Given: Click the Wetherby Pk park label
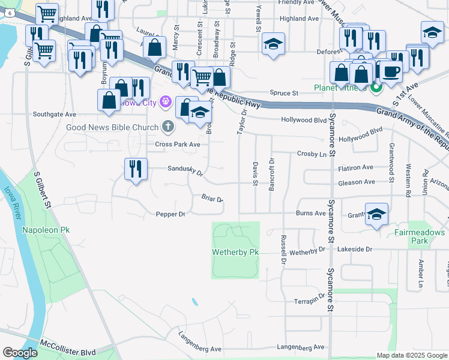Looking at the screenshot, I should [235, 253].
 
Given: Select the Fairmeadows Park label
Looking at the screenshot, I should [420, 236].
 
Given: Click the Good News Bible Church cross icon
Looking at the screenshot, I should [168, 127].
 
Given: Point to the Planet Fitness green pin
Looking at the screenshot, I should [376, 89].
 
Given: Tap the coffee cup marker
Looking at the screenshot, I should [391, 71].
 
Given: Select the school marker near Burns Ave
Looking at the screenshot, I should [376, 214].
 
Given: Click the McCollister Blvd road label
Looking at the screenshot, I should [67, 344].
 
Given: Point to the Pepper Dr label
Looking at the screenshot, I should [171, 214].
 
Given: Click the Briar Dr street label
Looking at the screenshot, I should [212, 199].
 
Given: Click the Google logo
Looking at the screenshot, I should [20, 353].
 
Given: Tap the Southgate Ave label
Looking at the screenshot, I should [55, 114].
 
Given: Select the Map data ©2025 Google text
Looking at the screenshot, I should [411, 355].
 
